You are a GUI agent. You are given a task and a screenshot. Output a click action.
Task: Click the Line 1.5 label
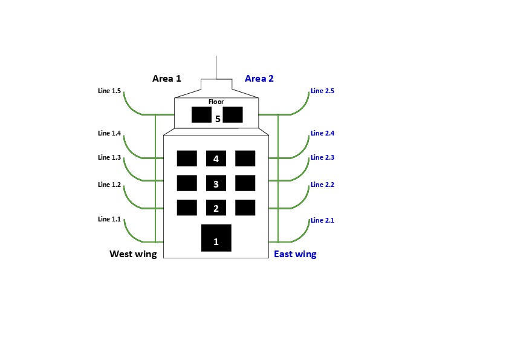[x=109, y=91]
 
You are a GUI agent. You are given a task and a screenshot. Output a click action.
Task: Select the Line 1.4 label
[x=109, y=133]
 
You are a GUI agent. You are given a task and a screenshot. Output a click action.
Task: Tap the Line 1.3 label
[x=109, y=157]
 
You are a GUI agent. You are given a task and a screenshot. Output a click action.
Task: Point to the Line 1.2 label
[x=109, y=185]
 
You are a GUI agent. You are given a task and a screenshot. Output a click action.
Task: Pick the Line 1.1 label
[x=109, y=219]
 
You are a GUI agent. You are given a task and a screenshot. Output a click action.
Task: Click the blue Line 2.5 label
[x=322, y=91]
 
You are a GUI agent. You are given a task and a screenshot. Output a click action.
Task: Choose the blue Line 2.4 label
[x=322, y=133]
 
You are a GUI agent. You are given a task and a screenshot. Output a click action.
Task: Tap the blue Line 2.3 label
[x=322, y=157]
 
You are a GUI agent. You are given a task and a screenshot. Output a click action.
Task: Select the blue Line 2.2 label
[x=322, y=185]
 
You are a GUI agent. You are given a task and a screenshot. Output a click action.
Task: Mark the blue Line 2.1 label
[x=322, y=221]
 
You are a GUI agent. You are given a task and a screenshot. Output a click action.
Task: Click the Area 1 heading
[x=167, y=79]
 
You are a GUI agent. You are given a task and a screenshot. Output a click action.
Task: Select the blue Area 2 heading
[x=259, y=79]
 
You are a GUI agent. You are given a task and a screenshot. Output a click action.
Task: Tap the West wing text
[x=133, y=254]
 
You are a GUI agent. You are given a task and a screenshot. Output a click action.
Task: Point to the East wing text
[x=295, y=254]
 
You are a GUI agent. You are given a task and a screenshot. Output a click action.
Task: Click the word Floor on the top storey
[x=216, y=102]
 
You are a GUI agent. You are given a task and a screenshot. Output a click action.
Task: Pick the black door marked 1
[x=216, y=238]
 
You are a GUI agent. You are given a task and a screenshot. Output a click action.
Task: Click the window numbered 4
[x=216, y=159]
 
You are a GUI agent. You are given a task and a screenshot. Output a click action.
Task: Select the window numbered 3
[x=216, y=183]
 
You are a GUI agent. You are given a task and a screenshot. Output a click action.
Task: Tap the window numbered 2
[x=216, y=208]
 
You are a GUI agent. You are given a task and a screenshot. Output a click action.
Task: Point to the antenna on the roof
[x=216, y=67]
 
